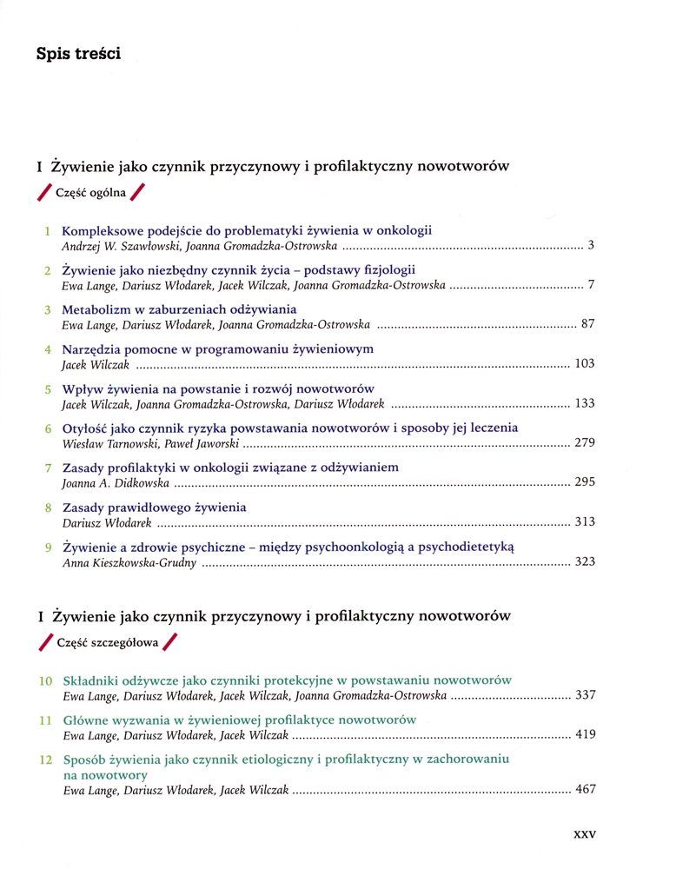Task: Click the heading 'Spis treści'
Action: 77,54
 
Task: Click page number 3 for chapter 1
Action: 591,246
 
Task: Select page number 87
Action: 587,324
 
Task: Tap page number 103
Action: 585,363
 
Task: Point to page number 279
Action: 585,442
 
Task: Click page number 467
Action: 585,790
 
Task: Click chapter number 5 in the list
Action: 48,389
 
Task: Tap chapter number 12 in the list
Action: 46,760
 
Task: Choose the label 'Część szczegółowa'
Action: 107,644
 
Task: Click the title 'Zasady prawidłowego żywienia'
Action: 155,507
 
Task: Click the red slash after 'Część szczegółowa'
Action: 169,644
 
